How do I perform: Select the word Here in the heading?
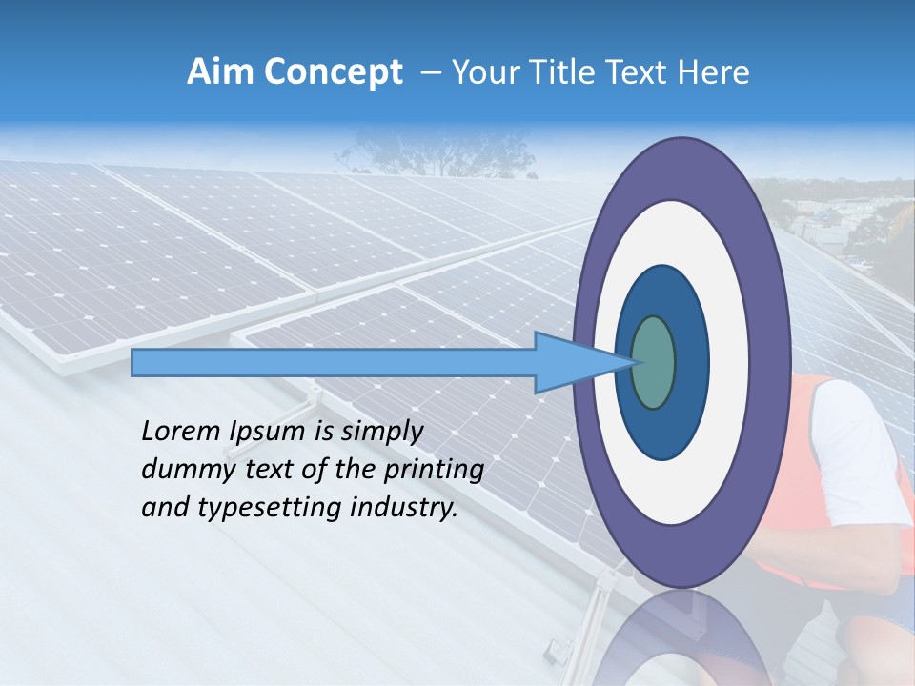click(x=712, y=72)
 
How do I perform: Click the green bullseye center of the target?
click(x=653, y=362)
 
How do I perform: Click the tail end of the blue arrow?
click(x=135, y=362)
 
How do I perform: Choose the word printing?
click(x=437, y=471)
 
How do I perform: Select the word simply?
click(x=381, y=433)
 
